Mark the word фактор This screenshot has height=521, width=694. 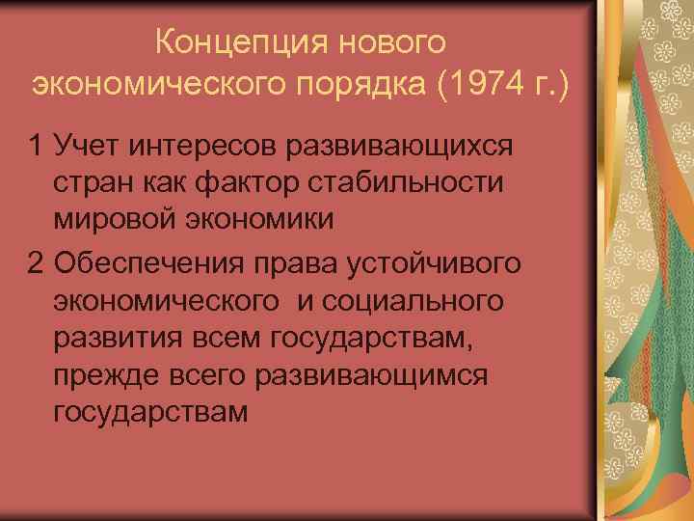click(x=262, y=182)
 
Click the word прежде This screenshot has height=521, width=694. click(x=110, y=373)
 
